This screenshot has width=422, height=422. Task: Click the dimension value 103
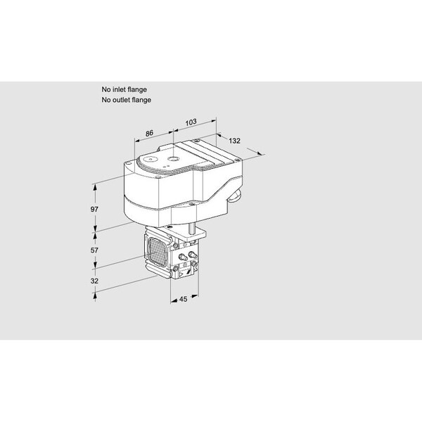click(x=191, y=122)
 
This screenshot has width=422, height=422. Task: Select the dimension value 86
click(x=149, y=133)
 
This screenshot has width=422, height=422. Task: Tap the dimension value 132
click(x=234, y=141)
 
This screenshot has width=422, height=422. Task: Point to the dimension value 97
click(x=94, y=209)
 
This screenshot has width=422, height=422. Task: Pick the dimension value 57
click(x=94, y=250)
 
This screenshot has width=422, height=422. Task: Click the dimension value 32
click(x=94, y=281)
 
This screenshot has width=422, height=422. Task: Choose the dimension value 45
click(x=183, y=299)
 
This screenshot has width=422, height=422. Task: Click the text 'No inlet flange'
click(x=124, y=89)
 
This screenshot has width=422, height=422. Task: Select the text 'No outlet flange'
click(x=126, y=100)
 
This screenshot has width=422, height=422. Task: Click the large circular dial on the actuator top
click(x=151, y=160)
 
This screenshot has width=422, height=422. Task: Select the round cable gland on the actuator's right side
click(x=235, y=196)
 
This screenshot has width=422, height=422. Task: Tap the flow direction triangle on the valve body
click(x=181, y=274)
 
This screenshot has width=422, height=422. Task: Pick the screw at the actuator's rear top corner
click(x=197, y=140)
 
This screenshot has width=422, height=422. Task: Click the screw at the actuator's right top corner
click(x=236, y=160)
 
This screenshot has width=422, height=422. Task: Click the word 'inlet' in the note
click(x=120, y=89)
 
